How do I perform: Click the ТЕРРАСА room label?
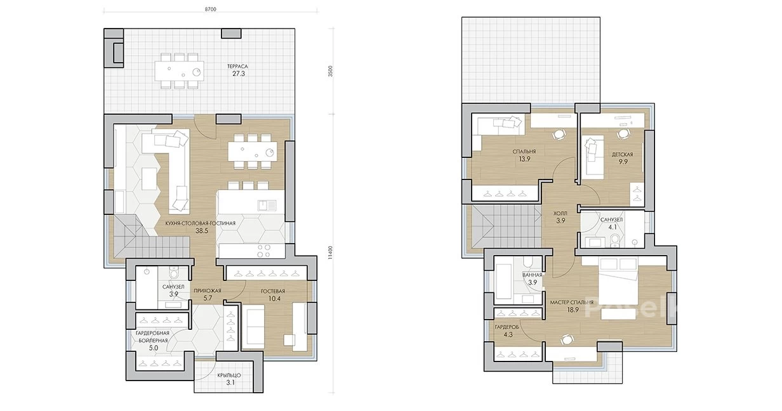tap(237, 67)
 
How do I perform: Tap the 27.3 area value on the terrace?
tap(239, 74)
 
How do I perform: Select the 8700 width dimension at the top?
tap(210, 10)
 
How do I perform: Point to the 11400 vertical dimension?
tap(330, 252)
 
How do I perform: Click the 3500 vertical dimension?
tap(331, 71)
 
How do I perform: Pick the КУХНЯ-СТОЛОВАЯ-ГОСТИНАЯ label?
tap(201, 223)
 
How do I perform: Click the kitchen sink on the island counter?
tap(267, 205)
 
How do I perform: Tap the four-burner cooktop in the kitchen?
tap(263, 251)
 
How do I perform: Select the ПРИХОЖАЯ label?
tap(208, 290)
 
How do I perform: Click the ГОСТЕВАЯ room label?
tap(273, 291)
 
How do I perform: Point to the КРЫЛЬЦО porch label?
tap(229, 375)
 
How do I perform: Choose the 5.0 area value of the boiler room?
tap(154, 348)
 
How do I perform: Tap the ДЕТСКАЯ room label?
tap(623, 154)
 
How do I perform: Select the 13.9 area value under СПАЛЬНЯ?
tap(524, 159)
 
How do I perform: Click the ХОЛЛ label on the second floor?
tap(560, 213)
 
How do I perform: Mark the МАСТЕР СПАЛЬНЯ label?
tap(572, 302)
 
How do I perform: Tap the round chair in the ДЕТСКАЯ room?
tap(623, 134)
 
